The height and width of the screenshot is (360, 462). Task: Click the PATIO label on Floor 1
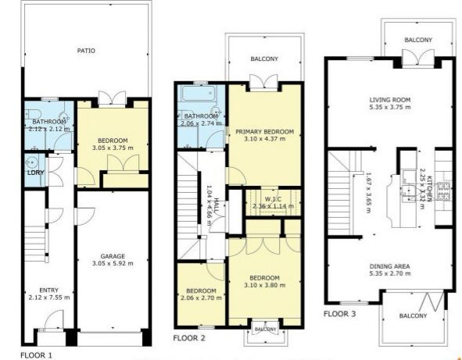tap(86, 51)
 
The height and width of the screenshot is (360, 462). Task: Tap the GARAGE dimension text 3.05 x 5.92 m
tap(113, 263)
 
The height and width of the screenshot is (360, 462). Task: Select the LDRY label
tap(36, 173)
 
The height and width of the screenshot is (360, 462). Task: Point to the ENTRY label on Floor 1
tap(49, 290)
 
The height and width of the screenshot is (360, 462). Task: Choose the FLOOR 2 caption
tap(189, 338)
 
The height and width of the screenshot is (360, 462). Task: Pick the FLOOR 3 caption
tap(340, 314)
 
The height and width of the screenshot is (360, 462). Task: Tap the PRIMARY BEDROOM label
tap(264, 131)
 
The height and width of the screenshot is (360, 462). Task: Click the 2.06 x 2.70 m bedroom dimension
tap(201, 298)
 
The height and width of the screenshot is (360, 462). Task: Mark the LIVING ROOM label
tap(390, 100)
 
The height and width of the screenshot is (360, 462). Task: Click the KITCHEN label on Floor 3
tap(429, 188)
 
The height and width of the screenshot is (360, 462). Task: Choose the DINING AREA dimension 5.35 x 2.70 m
tap(390, 273)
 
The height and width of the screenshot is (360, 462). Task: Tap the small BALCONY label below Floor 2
tap(266, 329)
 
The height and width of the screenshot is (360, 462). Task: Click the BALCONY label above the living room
tap(418, 40)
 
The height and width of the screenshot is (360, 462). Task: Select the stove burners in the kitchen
tap(444, 191)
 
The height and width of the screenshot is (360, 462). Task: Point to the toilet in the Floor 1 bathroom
tap(31, 113)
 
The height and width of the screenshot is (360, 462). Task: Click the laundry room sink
tap(30, 162)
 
